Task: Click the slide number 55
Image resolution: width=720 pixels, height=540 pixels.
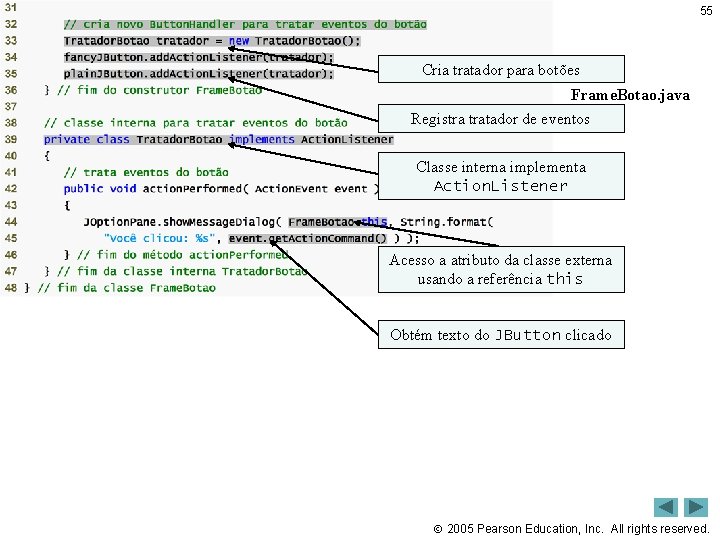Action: (706, 10)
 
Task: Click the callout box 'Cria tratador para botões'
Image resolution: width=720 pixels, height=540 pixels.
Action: (501, 70)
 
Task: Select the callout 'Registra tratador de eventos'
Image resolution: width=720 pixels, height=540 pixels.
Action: (501, 119)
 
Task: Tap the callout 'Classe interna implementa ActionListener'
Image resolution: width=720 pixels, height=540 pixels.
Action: (501, 176)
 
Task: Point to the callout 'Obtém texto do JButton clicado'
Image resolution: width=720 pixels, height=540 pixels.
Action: (501, 335)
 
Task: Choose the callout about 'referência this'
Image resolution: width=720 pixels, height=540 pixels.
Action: (501, 269)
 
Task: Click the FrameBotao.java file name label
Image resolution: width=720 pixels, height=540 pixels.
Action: (630, 95)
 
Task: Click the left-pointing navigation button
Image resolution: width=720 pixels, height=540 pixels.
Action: (666, 507)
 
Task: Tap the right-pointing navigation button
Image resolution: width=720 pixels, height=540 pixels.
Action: (696, 507)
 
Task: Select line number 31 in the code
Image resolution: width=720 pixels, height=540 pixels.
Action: (11, 7)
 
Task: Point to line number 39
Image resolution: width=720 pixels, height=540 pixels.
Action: (11, 139)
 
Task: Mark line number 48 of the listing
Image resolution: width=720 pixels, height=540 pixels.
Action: (11, 287)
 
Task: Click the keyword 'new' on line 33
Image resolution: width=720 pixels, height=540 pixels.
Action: (239, 41)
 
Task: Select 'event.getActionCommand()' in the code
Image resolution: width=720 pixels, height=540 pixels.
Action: (308, 238)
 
